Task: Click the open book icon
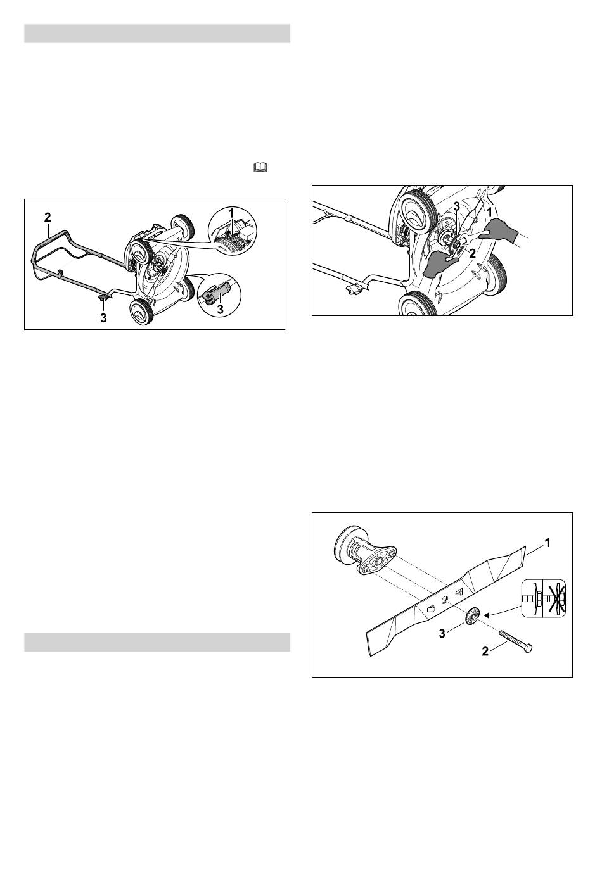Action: point(260,167)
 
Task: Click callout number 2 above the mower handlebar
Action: point(48,217)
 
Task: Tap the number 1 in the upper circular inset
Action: point(231,213)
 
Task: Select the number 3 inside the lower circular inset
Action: point(221,310)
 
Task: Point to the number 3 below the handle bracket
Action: point(103,318)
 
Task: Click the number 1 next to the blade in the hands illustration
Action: point(489,213)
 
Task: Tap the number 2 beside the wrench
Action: point(472,253)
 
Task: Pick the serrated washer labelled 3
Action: point(472,615)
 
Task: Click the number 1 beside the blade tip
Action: point(548,543)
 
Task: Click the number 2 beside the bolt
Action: point(485,651)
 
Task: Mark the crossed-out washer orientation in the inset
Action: point(554,598)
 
